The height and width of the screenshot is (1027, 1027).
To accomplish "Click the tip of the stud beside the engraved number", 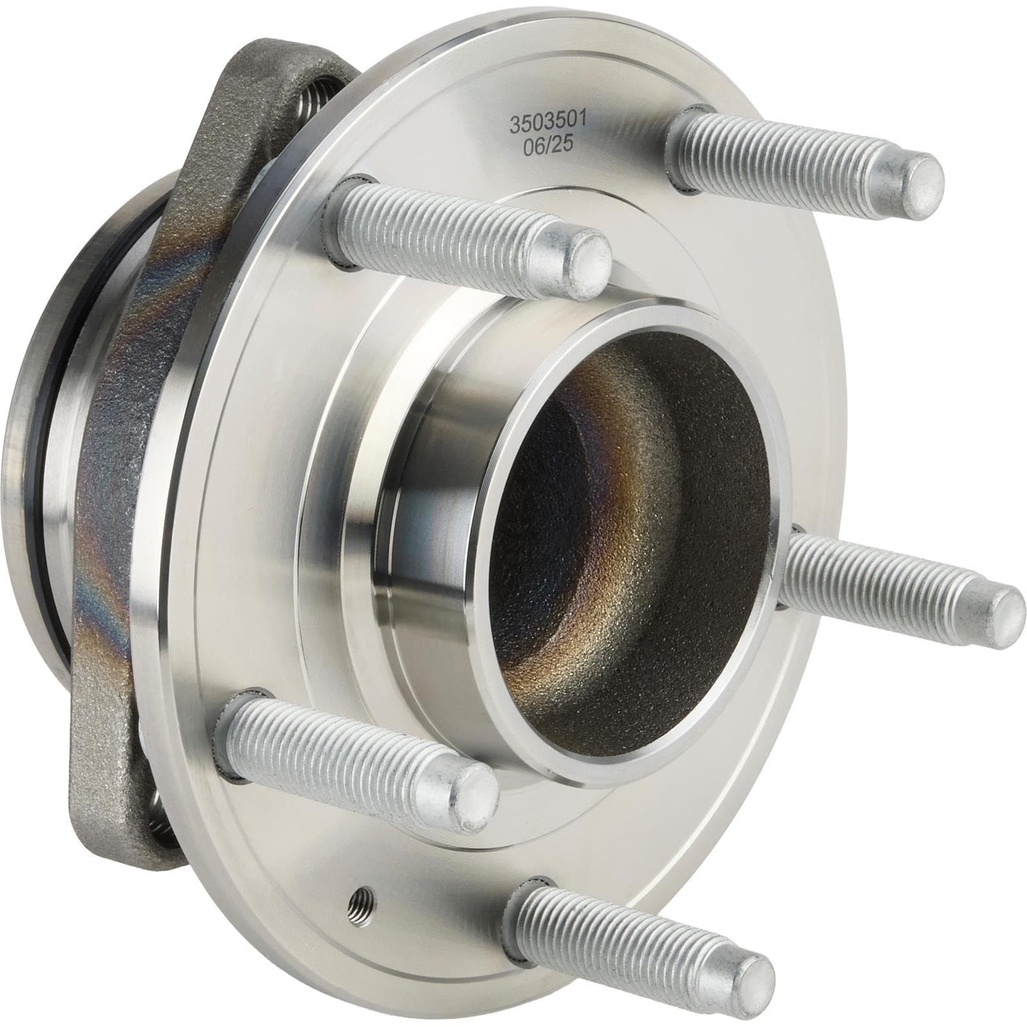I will [920, 181].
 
